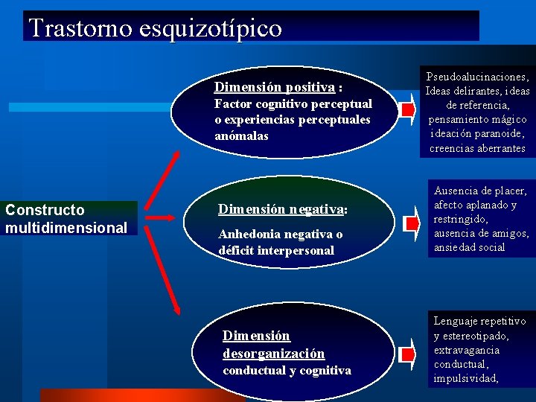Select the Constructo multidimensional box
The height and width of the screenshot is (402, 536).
[67, 219]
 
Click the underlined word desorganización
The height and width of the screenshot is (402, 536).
[273, 354]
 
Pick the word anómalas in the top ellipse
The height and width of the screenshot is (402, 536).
[241, 136]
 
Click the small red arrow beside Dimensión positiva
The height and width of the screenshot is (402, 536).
[406, 111]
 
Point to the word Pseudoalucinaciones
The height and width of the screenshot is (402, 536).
[477, 77]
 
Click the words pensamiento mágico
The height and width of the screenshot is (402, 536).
[477, 119]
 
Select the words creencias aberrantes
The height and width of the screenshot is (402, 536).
[477, 147]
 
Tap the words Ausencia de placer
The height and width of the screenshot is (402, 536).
[480, 191]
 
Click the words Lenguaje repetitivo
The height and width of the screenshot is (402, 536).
[479, 321]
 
